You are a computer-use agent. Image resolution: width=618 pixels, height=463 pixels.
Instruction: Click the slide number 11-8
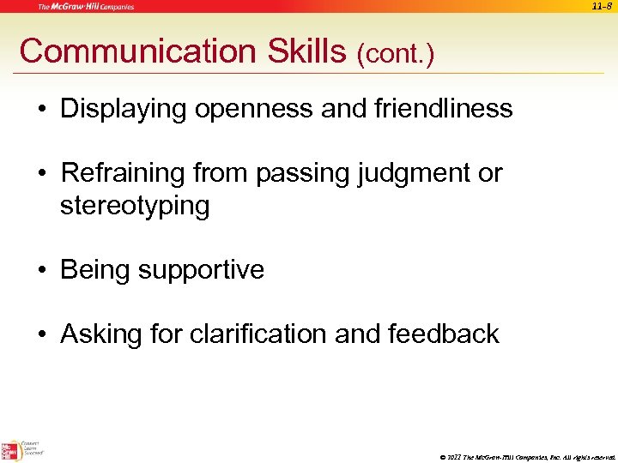(x=601, y=7)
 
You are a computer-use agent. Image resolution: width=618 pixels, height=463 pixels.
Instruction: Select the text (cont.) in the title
(x=396, y=55)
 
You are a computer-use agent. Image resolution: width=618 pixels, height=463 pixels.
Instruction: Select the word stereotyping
(x=135, y=206)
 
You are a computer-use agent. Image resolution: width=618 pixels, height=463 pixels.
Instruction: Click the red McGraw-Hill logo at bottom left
(x=11, y=449)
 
